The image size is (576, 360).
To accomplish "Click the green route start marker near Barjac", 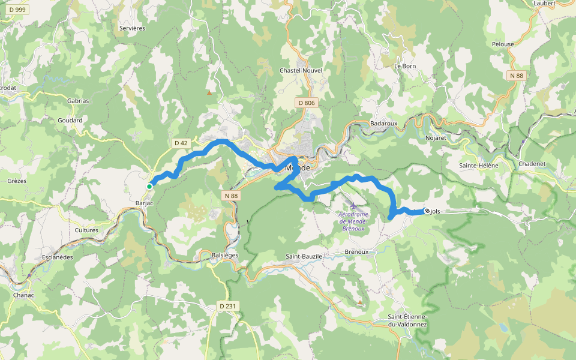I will [x=149, y=187].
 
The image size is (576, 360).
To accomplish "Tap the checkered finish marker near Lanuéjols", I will [x=427, y=211].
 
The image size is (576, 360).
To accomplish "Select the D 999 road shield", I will [x=14, y=10].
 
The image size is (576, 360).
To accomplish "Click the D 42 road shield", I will [x=181, y=143].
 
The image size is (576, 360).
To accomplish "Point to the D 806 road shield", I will [x=306, y=103].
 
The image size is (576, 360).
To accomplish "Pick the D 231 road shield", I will [x=228, y=306].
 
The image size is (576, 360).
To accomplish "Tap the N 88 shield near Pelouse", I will [x=517, y=76].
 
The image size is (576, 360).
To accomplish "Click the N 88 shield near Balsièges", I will [x=229, y=196].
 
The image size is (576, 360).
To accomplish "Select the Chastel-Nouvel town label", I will [x=301, y=70].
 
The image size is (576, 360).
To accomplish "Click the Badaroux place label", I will [x=384, y=123].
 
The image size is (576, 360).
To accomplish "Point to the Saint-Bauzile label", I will [x=304, y=256].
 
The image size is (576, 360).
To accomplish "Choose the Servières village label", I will [x=132, y=28].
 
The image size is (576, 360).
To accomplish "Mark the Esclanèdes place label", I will [x=58, y=257].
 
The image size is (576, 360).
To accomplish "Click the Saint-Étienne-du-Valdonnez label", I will [x=407, y=320].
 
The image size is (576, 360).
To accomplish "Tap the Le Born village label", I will [x=405, y=66].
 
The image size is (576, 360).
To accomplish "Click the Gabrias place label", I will [x=78, y=101].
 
